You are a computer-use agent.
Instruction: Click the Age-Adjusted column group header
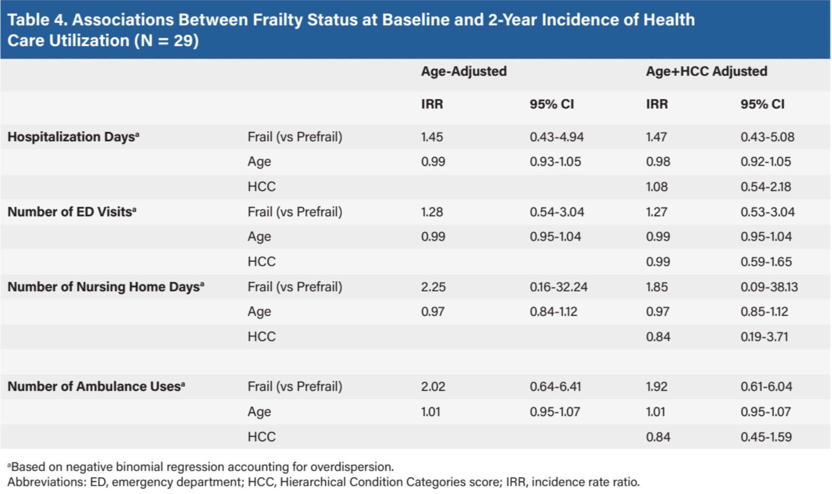[464, 71]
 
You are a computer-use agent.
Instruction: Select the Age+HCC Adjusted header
[706, 71]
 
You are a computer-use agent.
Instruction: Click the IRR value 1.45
[432, 137]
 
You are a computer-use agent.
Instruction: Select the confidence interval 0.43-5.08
[767, 137]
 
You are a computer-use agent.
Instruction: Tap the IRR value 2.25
[433, 287]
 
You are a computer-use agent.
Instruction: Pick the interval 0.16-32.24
[558, 287]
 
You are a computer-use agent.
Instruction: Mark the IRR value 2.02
[433, 387]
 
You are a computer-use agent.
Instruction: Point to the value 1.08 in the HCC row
[657, 187]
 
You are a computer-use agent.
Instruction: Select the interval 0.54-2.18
[765, 187]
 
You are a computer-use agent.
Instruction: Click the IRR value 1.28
[432, 212]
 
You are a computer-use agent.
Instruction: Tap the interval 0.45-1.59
[766, 437]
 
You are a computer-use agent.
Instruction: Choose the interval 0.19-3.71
[764, 337]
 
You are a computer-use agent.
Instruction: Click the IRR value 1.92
[657, 387]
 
